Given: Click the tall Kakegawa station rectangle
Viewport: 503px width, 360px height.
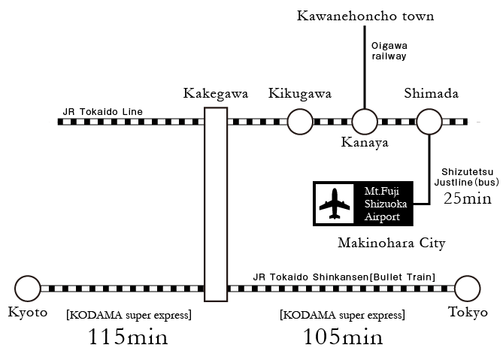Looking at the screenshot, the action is click(x=205, y=204).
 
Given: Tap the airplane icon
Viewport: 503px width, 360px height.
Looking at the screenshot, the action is click(x=335, y=204).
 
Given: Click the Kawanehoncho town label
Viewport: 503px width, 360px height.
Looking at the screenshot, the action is click(x=365, y=16).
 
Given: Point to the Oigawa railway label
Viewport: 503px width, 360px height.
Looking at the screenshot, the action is click(x=389, y=51).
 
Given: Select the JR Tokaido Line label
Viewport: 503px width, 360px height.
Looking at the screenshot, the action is click(x=103, y=111).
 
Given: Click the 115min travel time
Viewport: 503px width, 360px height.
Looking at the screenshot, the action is click(x=128, y=337).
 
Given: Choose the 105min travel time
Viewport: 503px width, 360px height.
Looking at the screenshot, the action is click(x=343, y=337).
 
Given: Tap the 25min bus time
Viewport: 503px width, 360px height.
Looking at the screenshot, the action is click(x=468, y=198).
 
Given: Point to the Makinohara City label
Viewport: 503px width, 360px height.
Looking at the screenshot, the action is click(x=392, y=243).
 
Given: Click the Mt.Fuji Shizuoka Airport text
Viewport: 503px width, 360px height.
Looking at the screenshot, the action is click(x=385, y=204).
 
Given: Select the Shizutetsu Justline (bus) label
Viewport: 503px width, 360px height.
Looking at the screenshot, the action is click(x=467, y=177).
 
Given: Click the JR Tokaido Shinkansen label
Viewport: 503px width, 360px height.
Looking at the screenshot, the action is click(x=344, y=277).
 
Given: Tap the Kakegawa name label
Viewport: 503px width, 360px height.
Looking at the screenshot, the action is click(x=216, y=94).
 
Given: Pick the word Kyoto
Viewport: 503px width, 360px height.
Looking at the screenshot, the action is click(x=28, y=312).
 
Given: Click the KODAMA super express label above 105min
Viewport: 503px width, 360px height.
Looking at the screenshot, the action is click(x=342, y=315).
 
